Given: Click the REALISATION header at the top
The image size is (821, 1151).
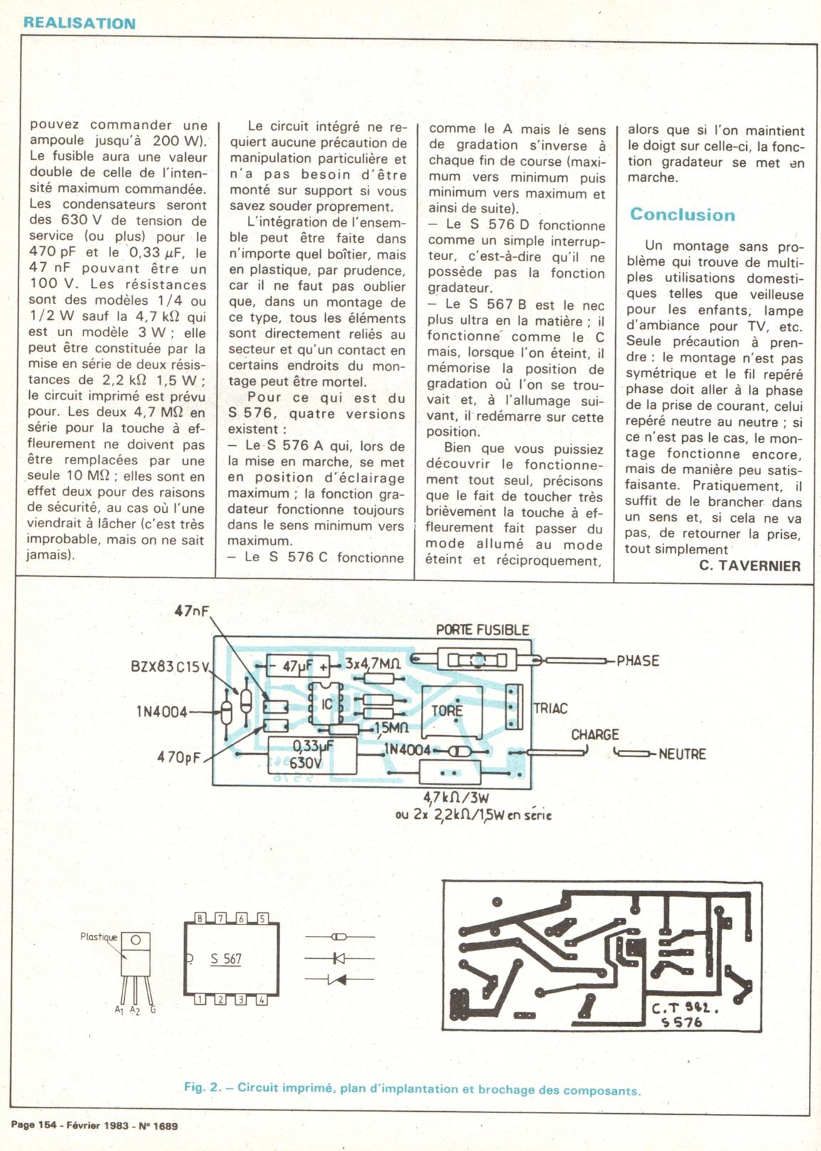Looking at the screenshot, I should click(x=79, y=22).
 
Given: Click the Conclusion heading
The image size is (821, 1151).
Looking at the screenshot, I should click(x=682, y=214).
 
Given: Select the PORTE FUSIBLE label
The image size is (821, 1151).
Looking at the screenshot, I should click(x=482, y=630).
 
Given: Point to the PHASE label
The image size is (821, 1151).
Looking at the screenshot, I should click(x=638, y=660).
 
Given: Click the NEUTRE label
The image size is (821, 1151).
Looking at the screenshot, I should click(x=682, y=754).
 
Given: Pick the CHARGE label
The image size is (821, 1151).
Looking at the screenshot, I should click(x=594, y=734).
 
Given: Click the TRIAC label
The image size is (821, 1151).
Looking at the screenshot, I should click(x=550, y=708).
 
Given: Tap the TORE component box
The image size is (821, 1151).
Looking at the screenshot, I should click(x=448, y=710).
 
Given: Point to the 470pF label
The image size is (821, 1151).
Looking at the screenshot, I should click(x=179, y=757).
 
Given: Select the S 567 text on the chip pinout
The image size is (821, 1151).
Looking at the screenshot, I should click(x=226, y=959).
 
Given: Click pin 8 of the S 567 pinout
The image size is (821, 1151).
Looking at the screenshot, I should click(x=200, y=919).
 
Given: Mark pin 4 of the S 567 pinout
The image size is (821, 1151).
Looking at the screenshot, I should click(x=262, y=999).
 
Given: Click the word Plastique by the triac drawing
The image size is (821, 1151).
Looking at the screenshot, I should click(x=98, y=937).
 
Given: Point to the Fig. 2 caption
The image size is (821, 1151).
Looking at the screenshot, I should click(x=412, y=1089).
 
